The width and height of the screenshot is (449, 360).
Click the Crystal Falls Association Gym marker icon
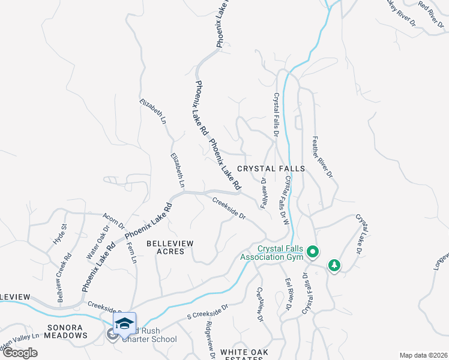312,251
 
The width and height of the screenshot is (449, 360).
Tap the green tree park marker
334,265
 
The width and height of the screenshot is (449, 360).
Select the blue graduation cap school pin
124,324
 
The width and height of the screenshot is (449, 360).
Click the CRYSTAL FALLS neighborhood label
271,169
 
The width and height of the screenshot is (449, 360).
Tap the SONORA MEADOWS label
59,335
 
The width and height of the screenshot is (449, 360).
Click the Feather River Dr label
321,157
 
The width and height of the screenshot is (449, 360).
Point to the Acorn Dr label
113,223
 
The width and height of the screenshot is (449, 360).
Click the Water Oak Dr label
98,242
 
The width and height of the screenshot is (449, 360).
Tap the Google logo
20,353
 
